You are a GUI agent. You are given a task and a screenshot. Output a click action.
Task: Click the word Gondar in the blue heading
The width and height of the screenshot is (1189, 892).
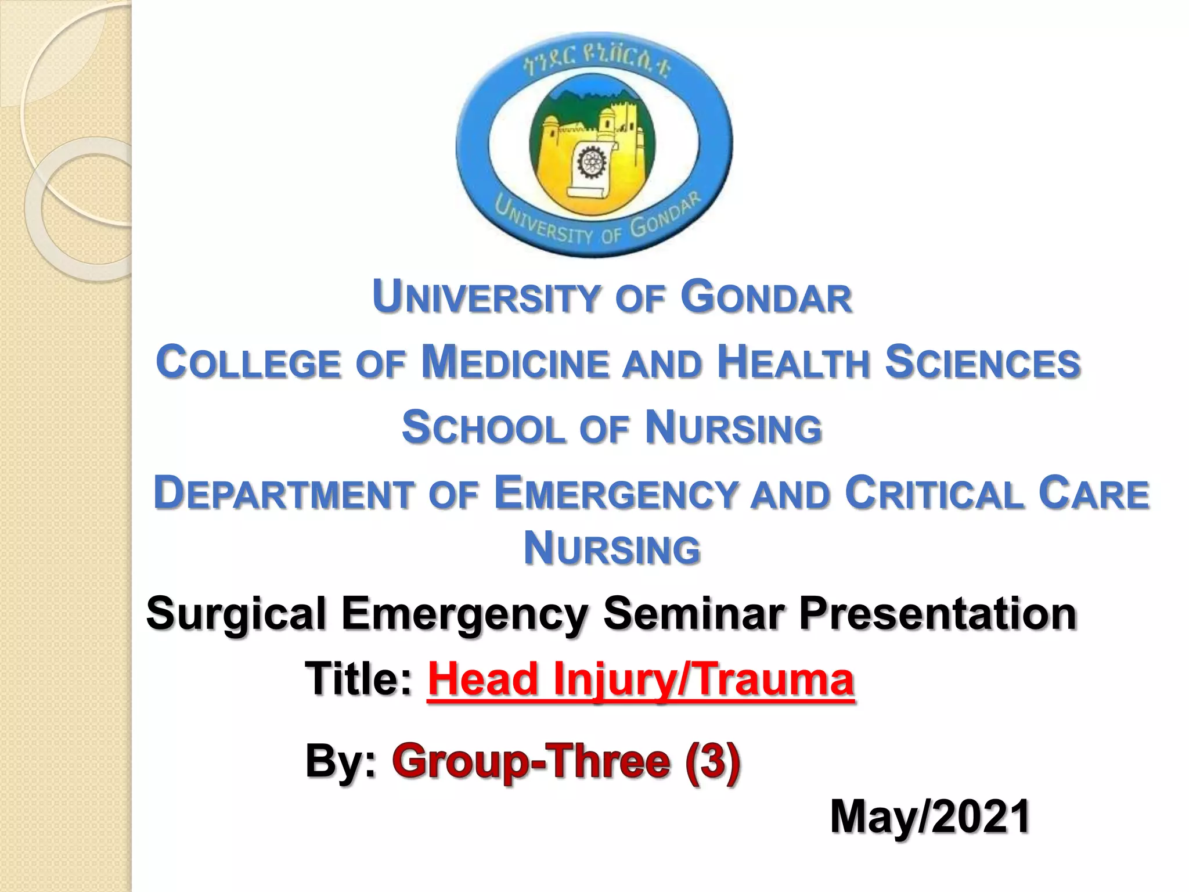tap(766, 297)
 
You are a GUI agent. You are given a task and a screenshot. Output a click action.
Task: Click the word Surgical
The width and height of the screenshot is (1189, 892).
tap(236, 614)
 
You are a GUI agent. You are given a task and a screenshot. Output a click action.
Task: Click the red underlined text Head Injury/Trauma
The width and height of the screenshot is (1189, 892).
tap(641, 679)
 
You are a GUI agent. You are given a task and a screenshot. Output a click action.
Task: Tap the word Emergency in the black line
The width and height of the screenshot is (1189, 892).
tap(464, 614)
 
